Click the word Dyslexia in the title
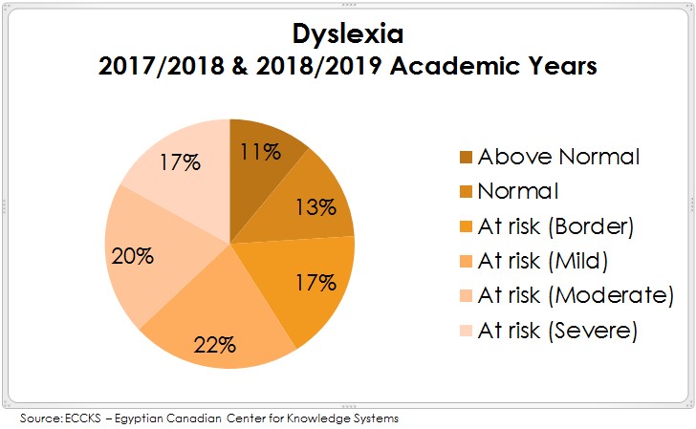pos(348,34)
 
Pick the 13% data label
pos(315,207)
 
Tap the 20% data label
pos(133,255)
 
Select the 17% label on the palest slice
pos(180,161)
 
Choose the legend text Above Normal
pos(558,156)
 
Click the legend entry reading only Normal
pos(517,190)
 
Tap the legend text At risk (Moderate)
pos(575,295)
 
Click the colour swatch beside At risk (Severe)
pos(467,331)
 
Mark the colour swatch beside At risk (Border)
pos(467,225)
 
